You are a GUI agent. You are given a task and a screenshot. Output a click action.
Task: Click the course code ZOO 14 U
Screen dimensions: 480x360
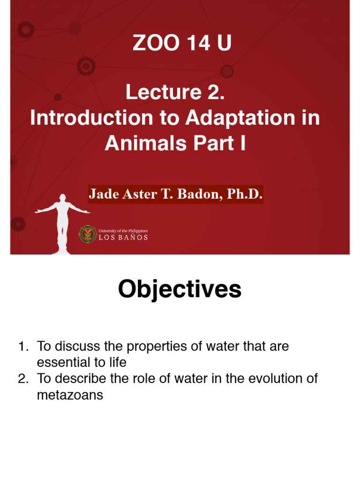tap(182, 44)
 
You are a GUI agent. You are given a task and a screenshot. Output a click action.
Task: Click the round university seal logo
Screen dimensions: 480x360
tap(88, 234)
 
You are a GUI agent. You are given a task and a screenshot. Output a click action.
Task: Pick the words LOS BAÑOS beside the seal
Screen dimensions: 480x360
tap(123, 237)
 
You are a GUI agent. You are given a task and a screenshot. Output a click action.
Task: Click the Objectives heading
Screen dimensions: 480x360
tap(180, 289)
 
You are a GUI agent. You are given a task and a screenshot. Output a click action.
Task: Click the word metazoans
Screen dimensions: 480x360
tap(70, 395)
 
